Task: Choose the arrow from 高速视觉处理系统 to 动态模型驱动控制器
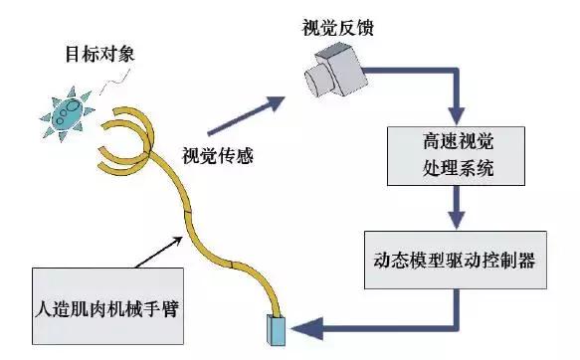456,210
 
